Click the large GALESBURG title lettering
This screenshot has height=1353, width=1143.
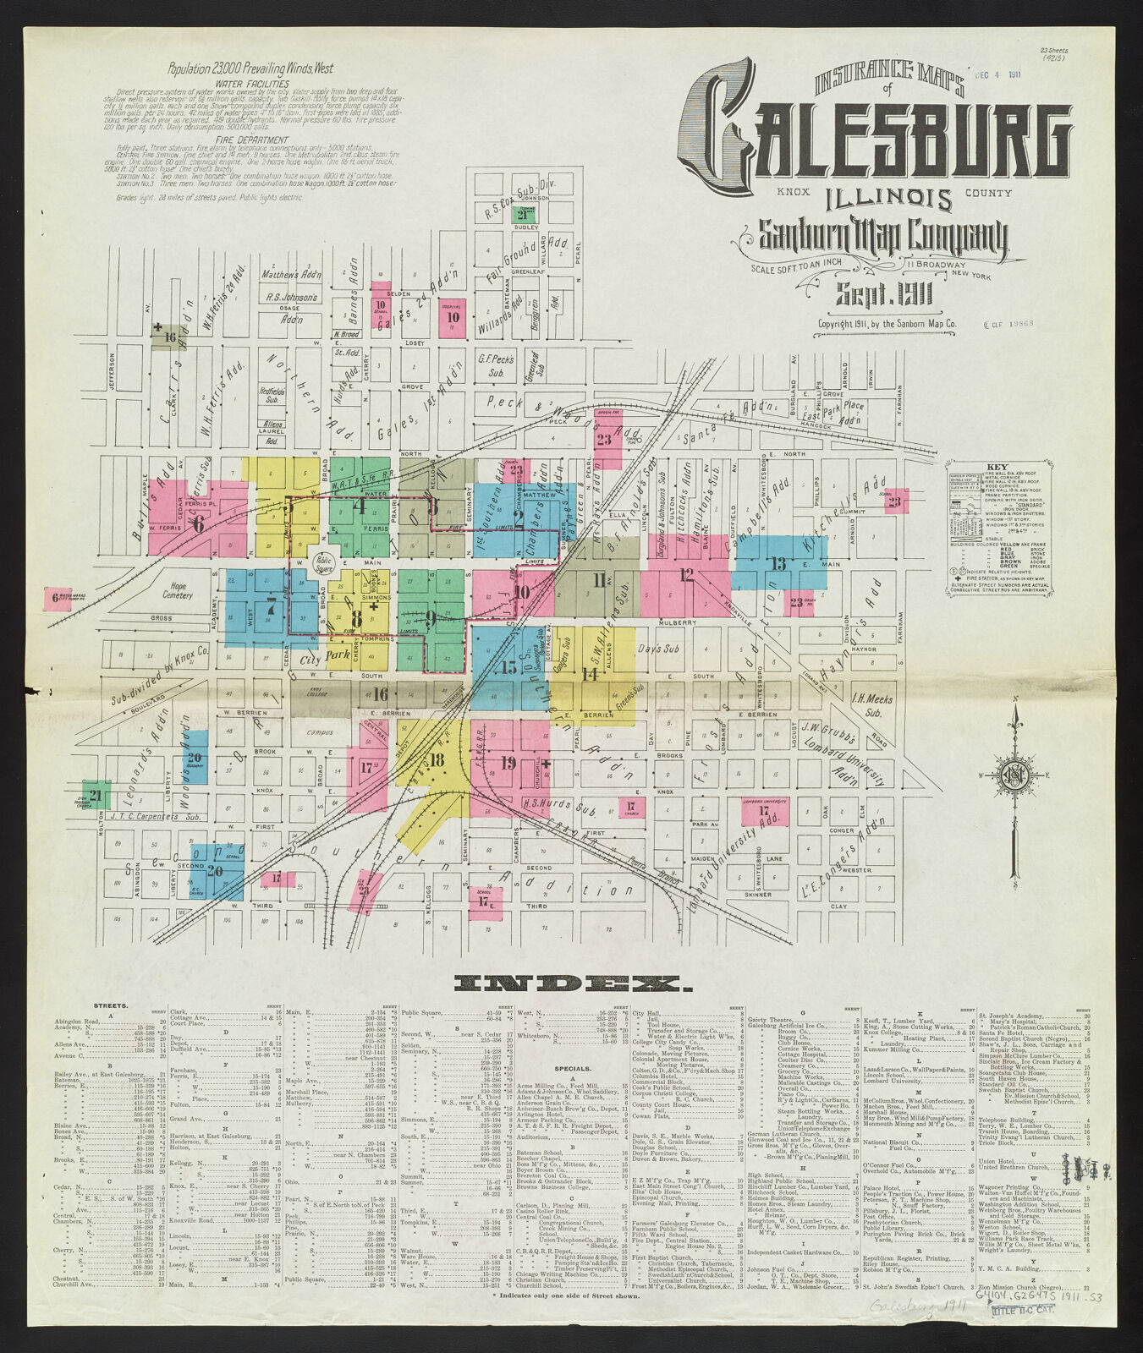884,135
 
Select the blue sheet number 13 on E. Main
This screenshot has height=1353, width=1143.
777,564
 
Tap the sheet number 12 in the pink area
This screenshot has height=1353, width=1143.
686,576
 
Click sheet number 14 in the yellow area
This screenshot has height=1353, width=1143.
590,674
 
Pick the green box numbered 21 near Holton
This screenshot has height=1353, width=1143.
96,795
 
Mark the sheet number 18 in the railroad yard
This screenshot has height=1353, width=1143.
437,760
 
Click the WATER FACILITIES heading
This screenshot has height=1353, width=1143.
252,85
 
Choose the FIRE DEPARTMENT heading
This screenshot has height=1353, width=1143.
252,140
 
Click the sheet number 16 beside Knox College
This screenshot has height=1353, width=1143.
380,695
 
